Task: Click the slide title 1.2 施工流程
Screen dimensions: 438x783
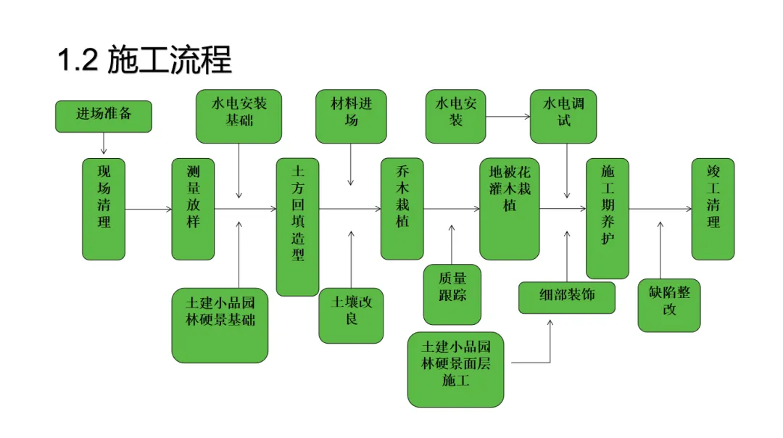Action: pos(144,61)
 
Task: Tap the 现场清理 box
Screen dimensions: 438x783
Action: pos(104,209)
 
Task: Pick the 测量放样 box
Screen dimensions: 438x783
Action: pos(193,209)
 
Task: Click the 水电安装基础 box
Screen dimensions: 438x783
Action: pos(239,116)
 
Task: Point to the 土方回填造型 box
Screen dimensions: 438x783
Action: pos(297,226)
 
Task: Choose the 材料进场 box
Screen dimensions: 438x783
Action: pos(351,116)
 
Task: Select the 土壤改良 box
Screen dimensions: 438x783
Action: pos(351,315)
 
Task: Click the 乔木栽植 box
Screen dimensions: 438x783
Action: pos(402,209)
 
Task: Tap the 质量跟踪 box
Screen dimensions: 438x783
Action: pos(452,294)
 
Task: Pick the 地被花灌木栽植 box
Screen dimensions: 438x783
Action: pos(510,209)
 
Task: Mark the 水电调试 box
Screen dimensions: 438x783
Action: pos(563,116)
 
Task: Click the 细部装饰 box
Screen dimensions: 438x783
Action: pos(567,297)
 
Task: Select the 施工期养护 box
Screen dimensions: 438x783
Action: pos(608,218)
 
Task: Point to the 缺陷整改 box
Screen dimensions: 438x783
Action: pos(669,305)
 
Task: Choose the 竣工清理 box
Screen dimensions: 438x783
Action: pos(713,209)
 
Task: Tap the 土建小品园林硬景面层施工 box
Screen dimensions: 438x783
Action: pos(455,369)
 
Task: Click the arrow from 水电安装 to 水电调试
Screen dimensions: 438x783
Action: pos(507,116)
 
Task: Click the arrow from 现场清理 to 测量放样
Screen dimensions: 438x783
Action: pos(149,210)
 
